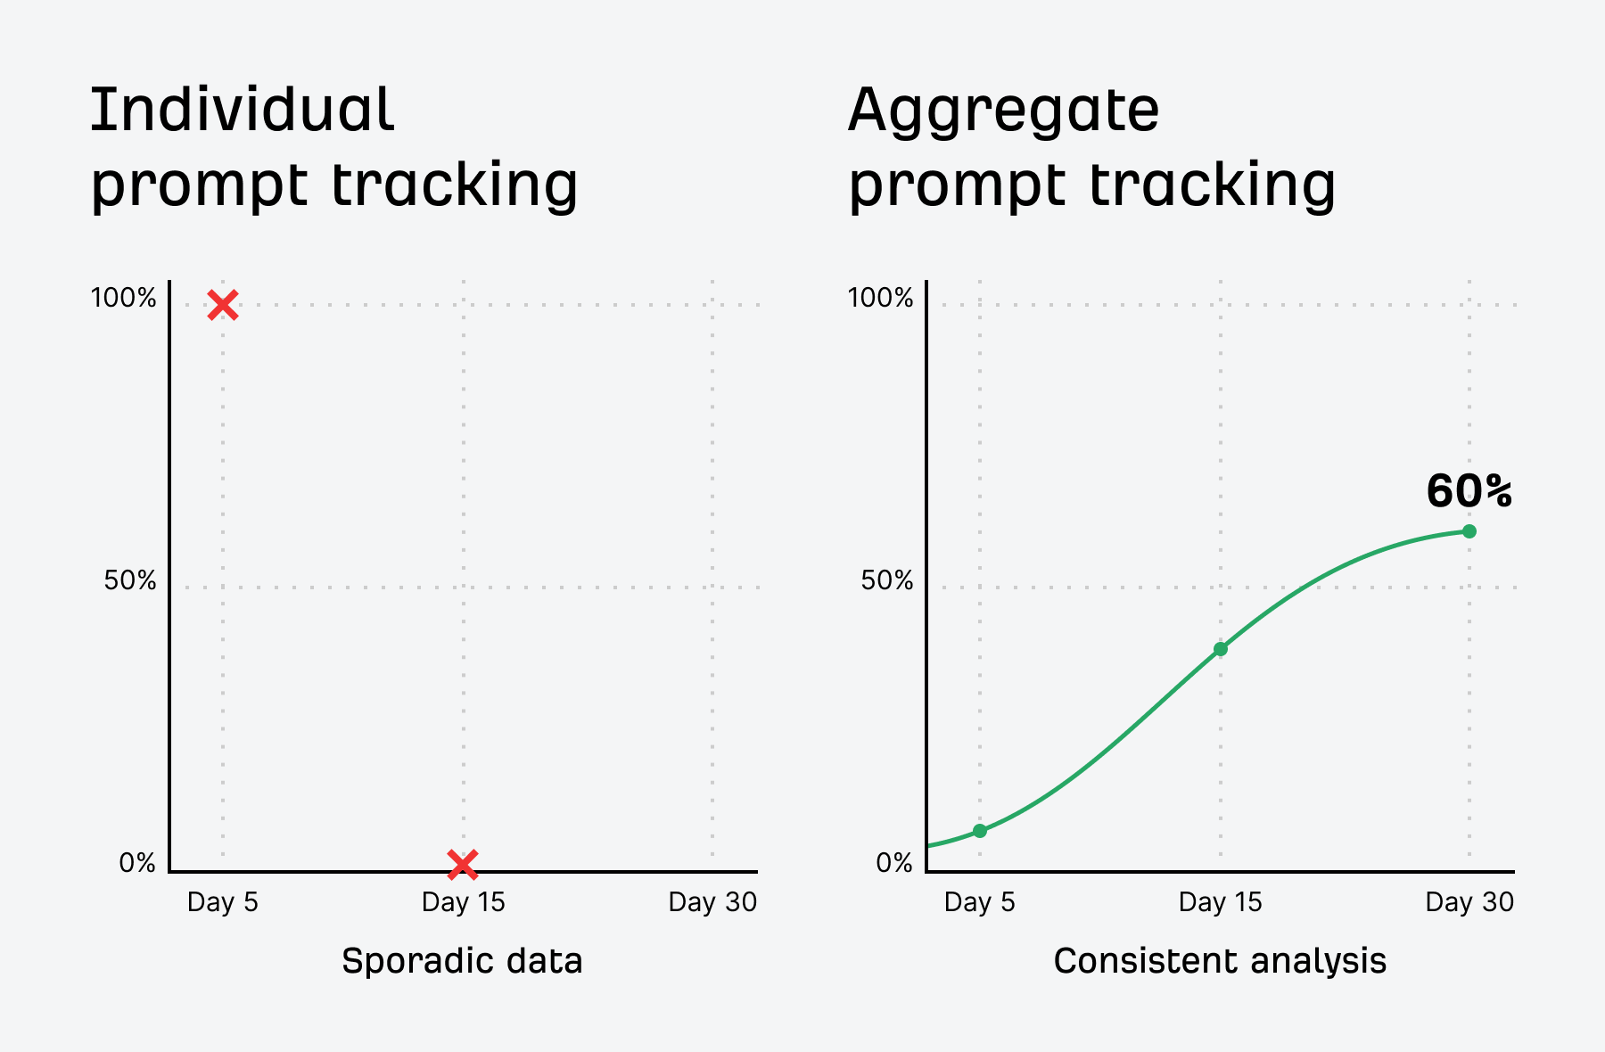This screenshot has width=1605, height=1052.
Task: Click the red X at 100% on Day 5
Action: pyautogui.click(x=223, y=305)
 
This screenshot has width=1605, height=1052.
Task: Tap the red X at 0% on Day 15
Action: pyautogui.click(x=463, y=863)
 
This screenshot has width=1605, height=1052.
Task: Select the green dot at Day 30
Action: pyautogui.click(x=1469, y=531)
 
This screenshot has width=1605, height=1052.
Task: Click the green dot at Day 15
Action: pyautogui.click(x=1221, y=649)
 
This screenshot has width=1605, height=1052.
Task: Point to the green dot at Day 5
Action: pyautogui.click(x=980, y=831)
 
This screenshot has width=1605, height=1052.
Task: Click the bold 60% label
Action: pyautogui.click(x=1469, y=491)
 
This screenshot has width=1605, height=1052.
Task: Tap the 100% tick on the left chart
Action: pyautogui.click(x=123, y=298)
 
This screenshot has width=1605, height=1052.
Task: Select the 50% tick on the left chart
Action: pyautogui.click(x=130, y=581)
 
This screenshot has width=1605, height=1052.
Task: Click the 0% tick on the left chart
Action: pyautogui.click(x=137, y=863)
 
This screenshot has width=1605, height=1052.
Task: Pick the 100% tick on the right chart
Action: pyautogui.click(x=880, y=298)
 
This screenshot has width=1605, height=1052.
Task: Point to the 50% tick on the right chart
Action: pyautogui.click(x=887, y=581)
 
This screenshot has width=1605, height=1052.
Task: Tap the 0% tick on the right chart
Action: pyautogui.click(x=894, y=863)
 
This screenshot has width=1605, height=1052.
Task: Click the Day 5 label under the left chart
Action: pyautogui.click(x=223, y=902)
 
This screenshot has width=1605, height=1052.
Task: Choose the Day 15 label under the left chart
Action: pyautogui.click(x=463, y=902)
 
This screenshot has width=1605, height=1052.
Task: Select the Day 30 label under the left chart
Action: pyautogui.click(x=712, y=902)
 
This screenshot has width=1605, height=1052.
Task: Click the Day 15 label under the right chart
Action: pyautogui.click(x=1220, y=902)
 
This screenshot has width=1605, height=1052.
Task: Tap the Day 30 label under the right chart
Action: pyautogui.click(x=1469, y=902)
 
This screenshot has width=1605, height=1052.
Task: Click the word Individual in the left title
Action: pyautogui.click(x=242, y=111)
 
